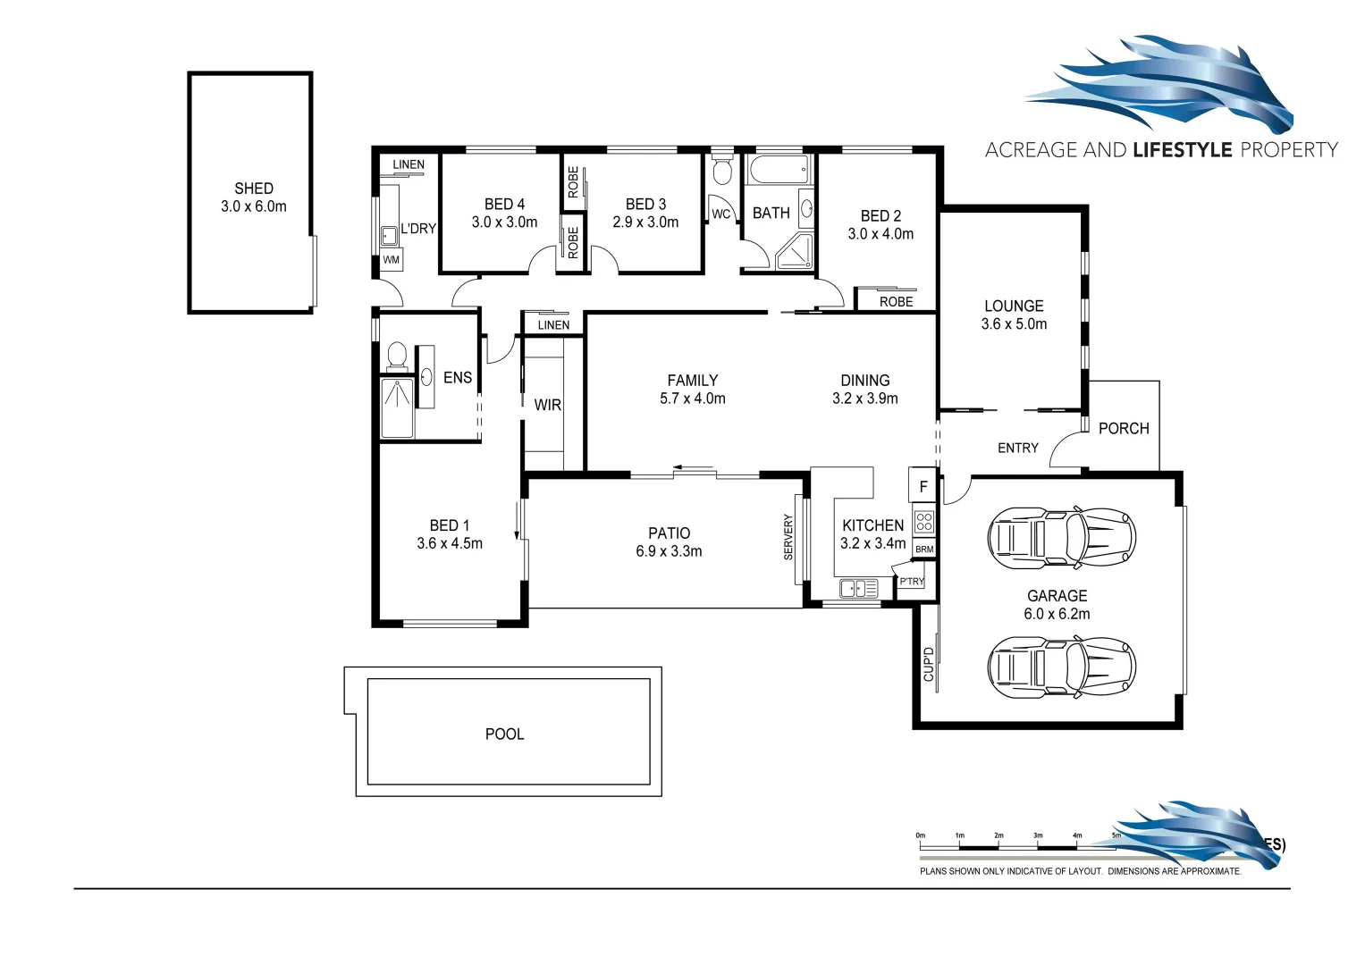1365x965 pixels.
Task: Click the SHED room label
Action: coord(254,189)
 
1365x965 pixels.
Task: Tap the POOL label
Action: coord(504,734)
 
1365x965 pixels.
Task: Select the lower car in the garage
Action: coord(1061,667)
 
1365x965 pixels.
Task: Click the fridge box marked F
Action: coord(923,487)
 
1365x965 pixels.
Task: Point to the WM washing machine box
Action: coord(391,260)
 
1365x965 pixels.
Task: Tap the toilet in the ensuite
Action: coord(397,357)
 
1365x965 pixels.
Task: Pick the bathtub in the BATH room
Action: coord(778,168)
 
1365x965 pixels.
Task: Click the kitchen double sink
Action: coord(858,588)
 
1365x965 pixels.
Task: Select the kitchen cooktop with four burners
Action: coord(924,522)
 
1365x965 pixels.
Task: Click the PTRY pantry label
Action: coord(912,582)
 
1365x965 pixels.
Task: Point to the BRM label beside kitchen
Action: coord(924,550)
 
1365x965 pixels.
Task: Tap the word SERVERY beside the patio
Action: coord(788,537)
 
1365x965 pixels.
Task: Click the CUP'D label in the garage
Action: coord(928,664)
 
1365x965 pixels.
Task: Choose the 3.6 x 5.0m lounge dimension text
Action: coord(1014,324)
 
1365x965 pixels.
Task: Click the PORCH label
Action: coord(1124,428)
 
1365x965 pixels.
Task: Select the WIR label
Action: coord(547,405)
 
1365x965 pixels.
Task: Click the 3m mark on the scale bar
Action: coord(1038,836)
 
